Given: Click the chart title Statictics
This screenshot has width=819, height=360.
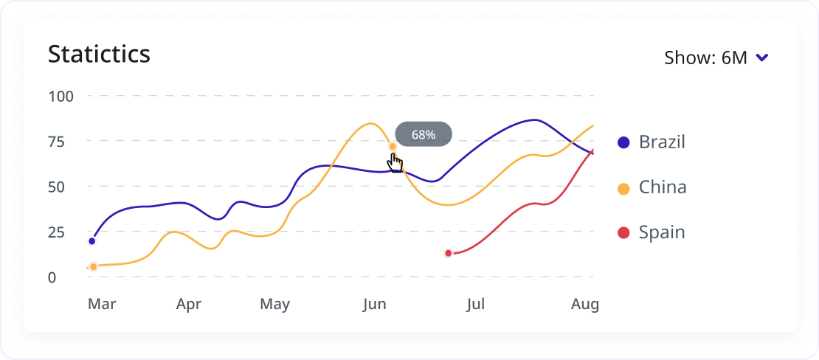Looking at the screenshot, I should (x=99, y=54).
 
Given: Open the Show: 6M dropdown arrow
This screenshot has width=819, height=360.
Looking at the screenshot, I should (x=763, y=58).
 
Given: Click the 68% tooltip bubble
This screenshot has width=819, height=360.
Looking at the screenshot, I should (x=424, y=134).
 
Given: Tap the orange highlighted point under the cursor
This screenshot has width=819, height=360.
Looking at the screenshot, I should (x=393, y=147).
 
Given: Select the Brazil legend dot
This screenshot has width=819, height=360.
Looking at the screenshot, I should (x=623, y=142).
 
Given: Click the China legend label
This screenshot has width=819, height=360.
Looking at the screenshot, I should (x=663, y=187).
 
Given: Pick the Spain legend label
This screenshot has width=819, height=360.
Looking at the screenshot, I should (x=662, y=232).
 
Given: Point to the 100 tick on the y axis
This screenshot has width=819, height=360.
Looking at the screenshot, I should (x=62, y=96).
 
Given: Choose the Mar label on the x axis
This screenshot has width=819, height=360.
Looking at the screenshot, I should (x=101, y=304).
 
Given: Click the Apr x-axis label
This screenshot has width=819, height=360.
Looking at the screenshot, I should (x=189, y=304).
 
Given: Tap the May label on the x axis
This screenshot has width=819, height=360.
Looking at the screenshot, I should (x=274, y=304).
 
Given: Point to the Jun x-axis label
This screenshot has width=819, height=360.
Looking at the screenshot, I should (x=374, y=304).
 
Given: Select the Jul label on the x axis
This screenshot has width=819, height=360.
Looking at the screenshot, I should (x=476, y=304).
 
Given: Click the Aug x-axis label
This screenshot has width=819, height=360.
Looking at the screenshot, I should (x=584, y=304).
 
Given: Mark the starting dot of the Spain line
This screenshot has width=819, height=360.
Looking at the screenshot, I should (x=448, y=254).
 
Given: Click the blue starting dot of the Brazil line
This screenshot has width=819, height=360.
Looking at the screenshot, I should (x=92, y=241).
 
